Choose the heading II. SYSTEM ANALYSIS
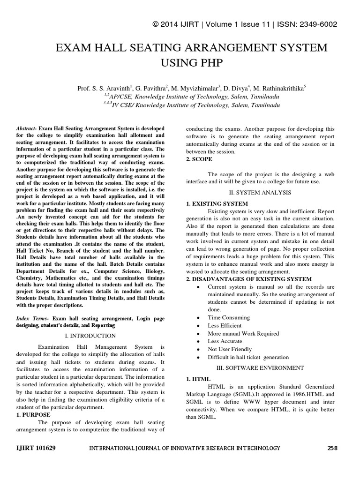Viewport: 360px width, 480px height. (x=260, y=192)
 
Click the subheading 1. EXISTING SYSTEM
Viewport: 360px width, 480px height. (x=217, y=204)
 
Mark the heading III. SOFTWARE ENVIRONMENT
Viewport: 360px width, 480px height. (x=260, y=368)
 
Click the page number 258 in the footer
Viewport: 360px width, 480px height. (x=332, y=448)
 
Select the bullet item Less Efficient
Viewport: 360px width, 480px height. (x=225, y=325)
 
